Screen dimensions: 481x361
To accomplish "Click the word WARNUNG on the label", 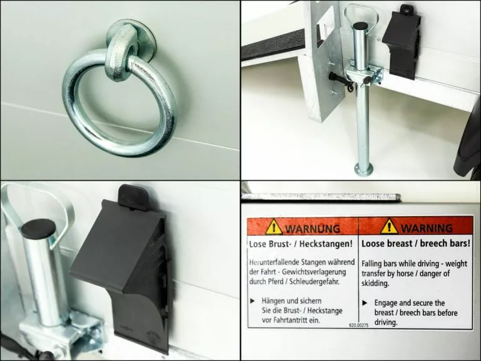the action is pyautogui.click(x=313, y=229).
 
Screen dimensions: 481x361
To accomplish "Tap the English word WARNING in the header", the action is pyautogui.click(x=427, y=228).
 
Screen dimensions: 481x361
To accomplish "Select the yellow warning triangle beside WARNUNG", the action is pyautogui.click(x=274, y=227).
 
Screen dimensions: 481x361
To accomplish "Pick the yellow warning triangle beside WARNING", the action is pyautogui.click(x=389, y=226).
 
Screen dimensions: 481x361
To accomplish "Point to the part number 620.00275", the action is pyautogui.click(x=359, y=325).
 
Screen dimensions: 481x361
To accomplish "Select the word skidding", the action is pyautogui.click(x=375, y=283).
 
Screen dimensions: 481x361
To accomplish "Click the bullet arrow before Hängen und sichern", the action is pyautogui.click(x=252, y=301).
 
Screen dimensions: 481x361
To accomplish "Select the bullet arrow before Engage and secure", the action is pyautogui.click(x=365, y=303).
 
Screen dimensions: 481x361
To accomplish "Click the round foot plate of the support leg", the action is pyautogui.click(x=363, y=169).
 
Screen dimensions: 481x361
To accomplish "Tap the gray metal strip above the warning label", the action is pyautogui.click(x=321, y=197).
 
